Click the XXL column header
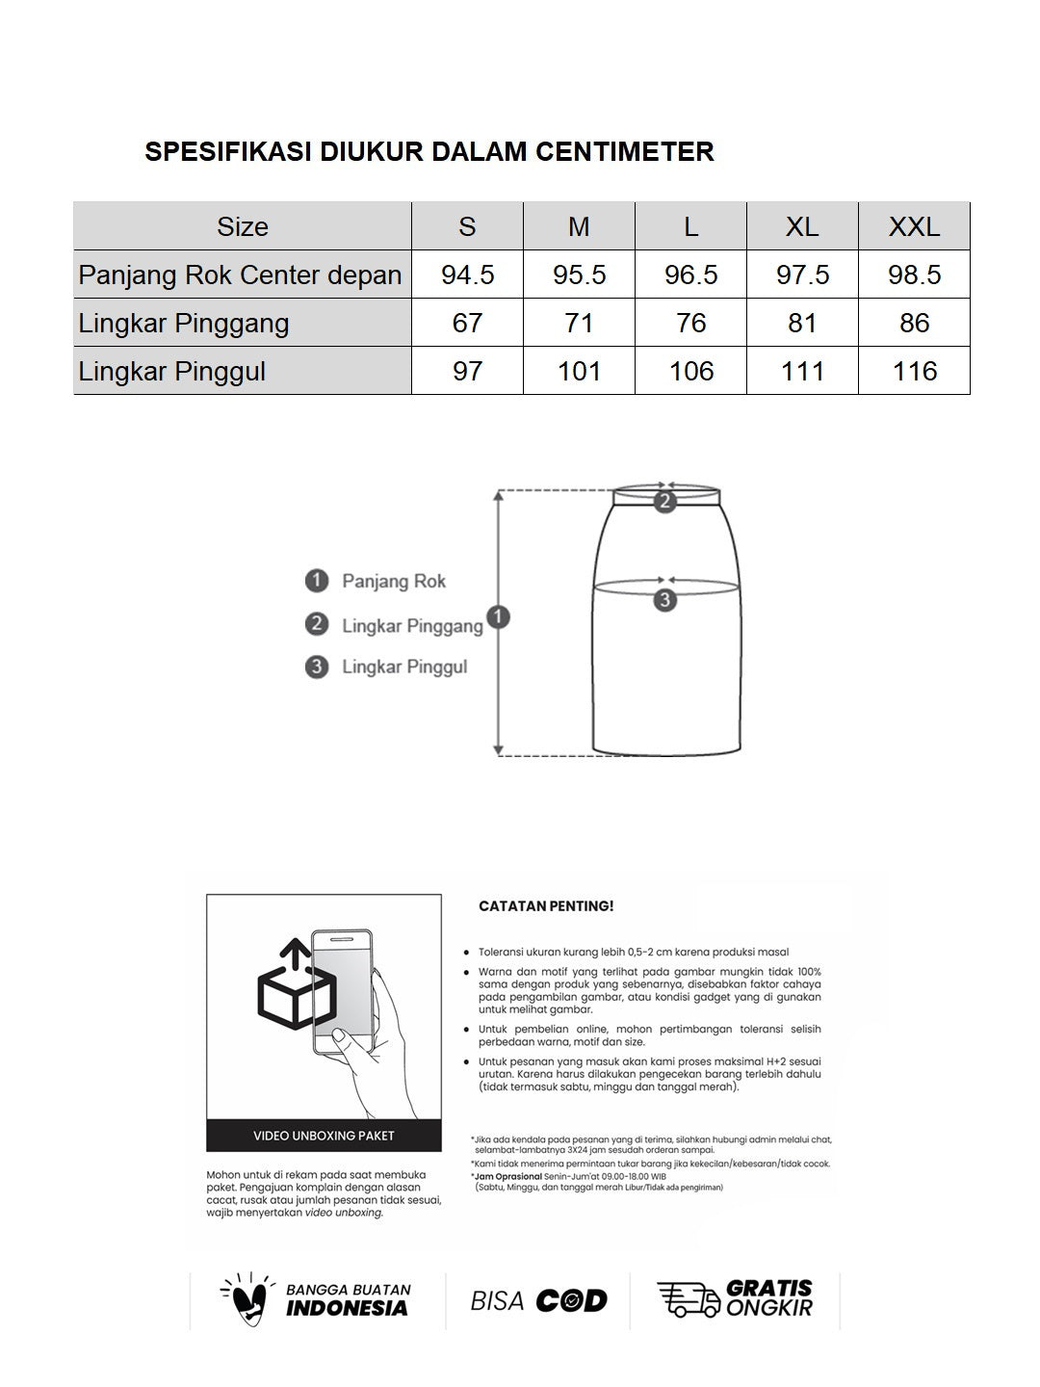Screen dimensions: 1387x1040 [914, 226]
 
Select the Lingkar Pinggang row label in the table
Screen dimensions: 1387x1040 [184, 323]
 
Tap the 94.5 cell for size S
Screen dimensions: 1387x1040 [467, 275]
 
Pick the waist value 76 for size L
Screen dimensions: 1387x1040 [690, 323]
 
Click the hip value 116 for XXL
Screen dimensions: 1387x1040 [914, 371]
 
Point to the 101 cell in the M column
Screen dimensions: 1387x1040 [579, 371]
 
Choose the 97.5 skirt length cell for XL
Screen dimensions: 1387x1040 [802, 275]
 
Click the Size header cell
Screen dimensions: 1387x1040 [243, 226]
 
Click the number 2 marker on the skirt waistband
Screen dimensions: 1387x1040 [664, 501]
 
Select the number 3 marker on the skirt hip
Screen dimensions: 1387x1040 [664, 600]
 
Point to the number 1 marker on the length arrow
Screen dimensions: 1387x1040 [498, 617]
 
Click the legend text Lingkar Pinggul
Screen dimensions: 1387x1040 [404, 667]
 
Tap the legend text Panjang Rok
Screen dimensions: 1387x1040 [394, 581]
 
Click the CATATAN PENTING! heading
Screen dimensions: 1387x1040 [546, 906]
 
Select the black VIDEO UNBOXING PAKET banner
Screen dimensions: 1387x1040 [324, 1136]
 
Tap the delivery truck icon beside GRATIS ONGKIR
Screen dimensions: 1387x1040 [688, 1299]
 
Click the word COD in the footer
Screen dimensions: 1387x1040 [571, 1301]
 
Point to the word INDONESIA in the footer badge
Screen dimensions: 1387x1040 [347, 1308]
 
